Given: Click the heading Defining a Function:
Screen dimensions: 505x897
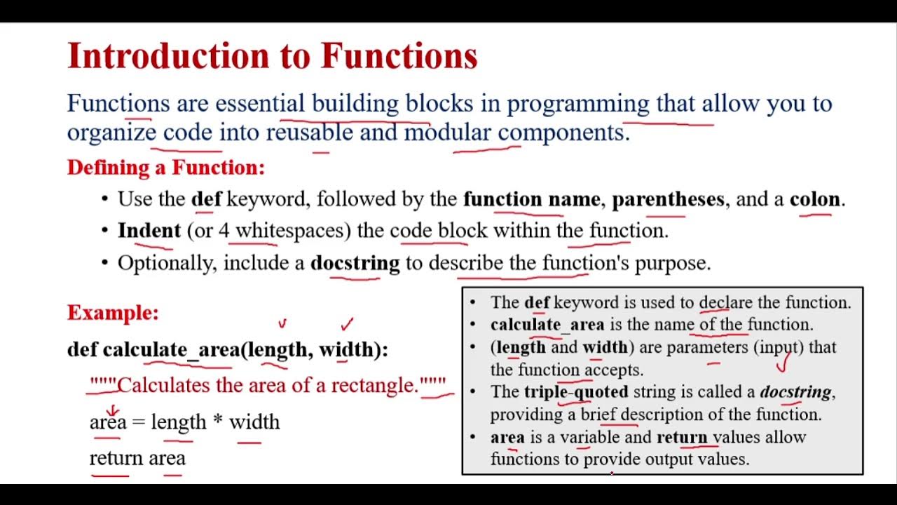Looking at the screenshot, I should (x=166, y=168).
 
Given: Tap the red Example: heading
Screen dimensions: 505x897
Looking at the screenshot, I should (x=113, y=313).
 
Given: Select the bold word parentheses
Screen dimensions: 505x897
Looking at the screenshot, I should (x=668, y=199).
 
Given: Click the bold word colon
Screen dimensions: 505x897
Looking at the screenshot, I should (x=814, y=199).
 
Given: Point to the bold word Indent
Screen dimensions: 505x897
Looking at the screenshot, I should (x=149, y=231).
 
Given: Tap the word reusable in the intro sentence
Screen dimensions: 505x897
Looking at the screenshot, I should (x=309, y=132).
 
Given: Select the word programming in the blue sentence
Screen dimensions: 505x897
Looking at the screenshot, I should (x=578, y=104).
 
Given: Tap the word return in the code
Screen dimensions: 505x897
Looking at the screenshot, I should (x=116, y=458).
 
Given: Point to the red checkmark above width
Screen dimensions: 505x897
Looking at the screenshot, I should (x=347, y=324).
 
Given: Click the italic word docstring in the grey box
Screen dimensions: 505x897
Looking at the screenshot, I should (x=795, y=392).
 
